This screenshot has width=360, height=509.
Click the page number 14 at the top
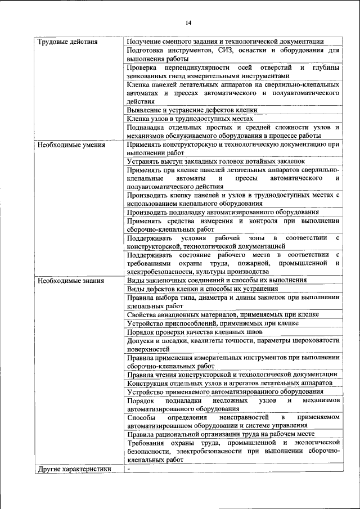tap(188, 22)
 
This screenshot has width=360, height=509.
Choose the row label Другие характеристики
tap(74, 469)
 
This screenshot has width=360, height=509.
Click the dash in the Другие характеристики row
tap(129, 469)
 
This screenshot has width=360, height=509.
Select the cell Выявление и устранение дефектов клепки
tap(192, 110)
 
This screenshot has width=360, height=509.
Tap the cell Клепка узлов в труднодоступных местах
tap(190, 119)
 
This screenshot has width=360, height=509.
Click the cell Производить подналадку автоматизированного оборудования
tap(223, 212)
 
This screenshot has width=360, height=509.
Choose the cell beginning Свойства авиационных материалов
tap(223, 314)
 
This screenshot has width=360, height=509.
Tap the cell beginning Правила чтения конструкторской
tap(232, 374)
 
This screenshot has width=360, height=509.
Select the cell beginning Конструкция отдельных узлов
tap(229, 382)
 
